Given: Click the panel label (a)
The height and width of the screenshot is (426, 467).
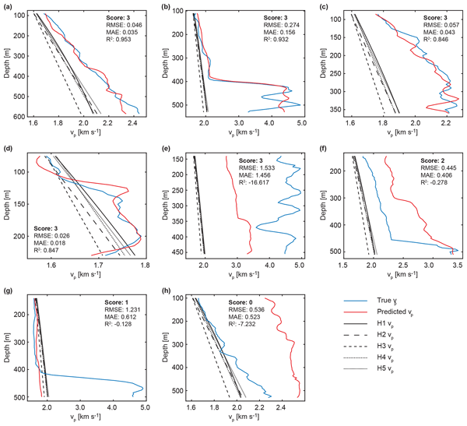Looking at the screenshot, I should [6, 7].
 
